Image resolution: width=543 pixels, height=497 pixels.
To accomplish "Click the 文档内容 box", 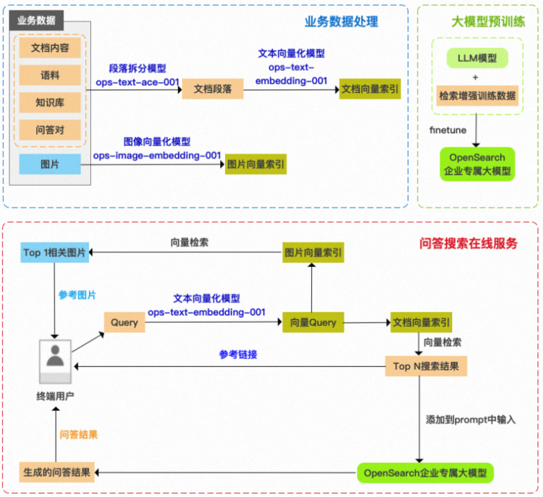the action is [x=50, y=48].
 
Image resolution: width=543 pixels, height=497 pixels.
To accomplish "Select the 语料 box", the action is [x=50, y=75].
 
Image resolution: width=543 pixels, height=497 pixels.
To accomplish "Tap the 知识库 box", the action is [x=50, y=103].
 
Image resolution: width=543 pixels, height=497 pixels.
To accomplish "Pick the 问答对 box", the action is [x=50, y=130].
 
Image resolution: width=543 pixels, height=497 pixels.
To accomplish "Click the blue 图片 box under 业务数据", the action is [x=50, y=164].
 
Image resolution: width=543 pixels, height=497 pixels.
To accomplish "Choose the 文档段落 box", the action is [x=212, y=89].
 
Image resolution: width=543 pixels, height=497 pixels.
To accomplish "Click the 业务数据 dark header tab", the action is [x=36, y=20].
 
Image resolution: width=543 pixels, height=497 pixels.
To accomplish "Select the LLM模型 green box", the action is [x=477, y=58].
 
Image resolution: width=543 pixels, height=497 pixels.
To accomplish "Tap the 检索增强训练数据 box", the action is [x=477, y=96].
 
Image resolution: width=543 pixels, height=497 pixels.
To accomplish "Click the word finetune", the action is [x=448, y=130].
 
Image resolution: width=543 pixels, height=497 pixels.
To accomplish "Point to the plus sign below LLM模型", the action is [x=476, y=77].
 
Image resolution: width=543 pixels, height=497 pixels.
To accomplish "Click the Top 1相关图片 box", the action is [x=55, y=252].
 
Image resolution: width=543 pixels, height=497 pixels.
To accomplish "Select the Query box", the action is [x=124, y=323].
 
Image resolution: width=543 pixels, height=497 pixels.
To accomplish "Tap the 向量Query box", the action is [x=313, y=323].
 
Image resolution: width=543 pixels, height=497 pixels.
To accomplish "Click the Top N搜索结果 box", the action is [x=426, y=366].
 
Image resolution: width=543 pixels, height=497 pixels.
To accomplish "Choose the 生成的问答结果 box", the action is [x=57, y=473].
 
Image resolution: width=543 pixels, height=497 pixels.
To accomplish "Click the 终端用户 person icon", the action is [x=56, y=361].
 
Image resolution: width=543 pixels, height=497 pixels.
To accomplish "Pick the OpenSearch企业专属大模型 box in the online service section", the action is [x=425, y=473].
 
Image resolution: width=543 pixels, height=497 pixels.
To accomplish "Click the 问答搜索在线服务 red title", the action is [x=468, y=243].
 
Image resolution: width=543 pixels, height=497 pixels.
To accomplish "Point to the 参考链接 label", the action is [x=238, y=355].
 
